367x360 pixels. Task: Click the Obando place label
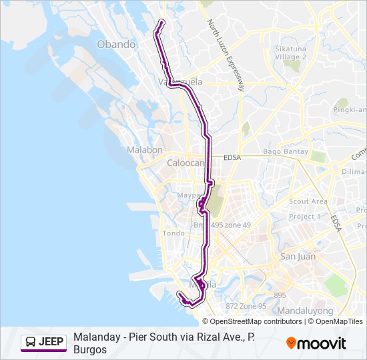(x=116, y=45)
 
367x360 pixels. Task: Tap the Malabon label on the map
(x=145, y=150)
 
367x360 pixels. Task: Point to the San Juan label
(x=298, y=257)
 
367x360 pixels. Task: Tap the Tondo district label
(x=173, y=233)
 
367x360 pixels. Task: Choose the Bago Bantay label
(x=286, y=152)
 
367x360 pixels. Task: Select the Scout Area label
(x=308, y=201)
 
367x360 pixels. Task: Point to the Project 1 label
(x=305, y=217)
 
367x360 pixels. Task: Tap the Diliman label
(x=354, y=171)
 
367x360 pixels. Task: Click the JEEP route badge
(x=44, y=342)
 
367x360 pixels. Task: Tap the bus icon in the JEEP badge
(x=31, y=342)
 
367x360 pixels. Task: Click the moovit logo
(x=316, y=343)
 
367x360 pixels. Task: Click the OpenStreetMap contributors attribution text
(x=247, y=321)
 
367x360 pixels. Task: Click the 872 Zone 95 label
(x=246, y=306)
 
